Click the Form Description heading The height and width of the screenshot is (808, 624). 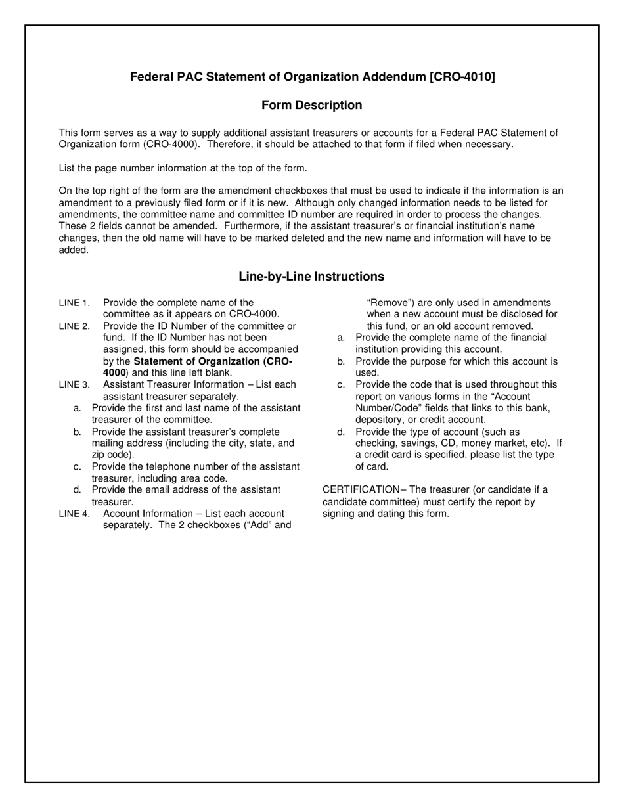point(311,105)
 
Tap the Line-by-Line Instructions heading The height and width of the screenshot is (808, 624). point(311,277)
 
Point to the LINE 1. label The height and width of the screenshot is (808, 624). point(74,303)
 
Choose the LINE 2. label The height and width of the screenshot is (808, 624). point(74,326)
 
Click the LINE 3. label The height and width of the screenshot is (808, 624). point(74,384)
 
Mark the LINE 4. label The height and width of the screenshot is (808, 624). point(74,513)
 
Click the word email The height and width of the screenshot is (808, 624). point(152,489)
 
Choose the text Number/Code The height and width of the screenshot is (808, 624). point(387,408)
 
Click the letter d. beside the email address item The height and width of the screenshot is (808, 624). point(78,489)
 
